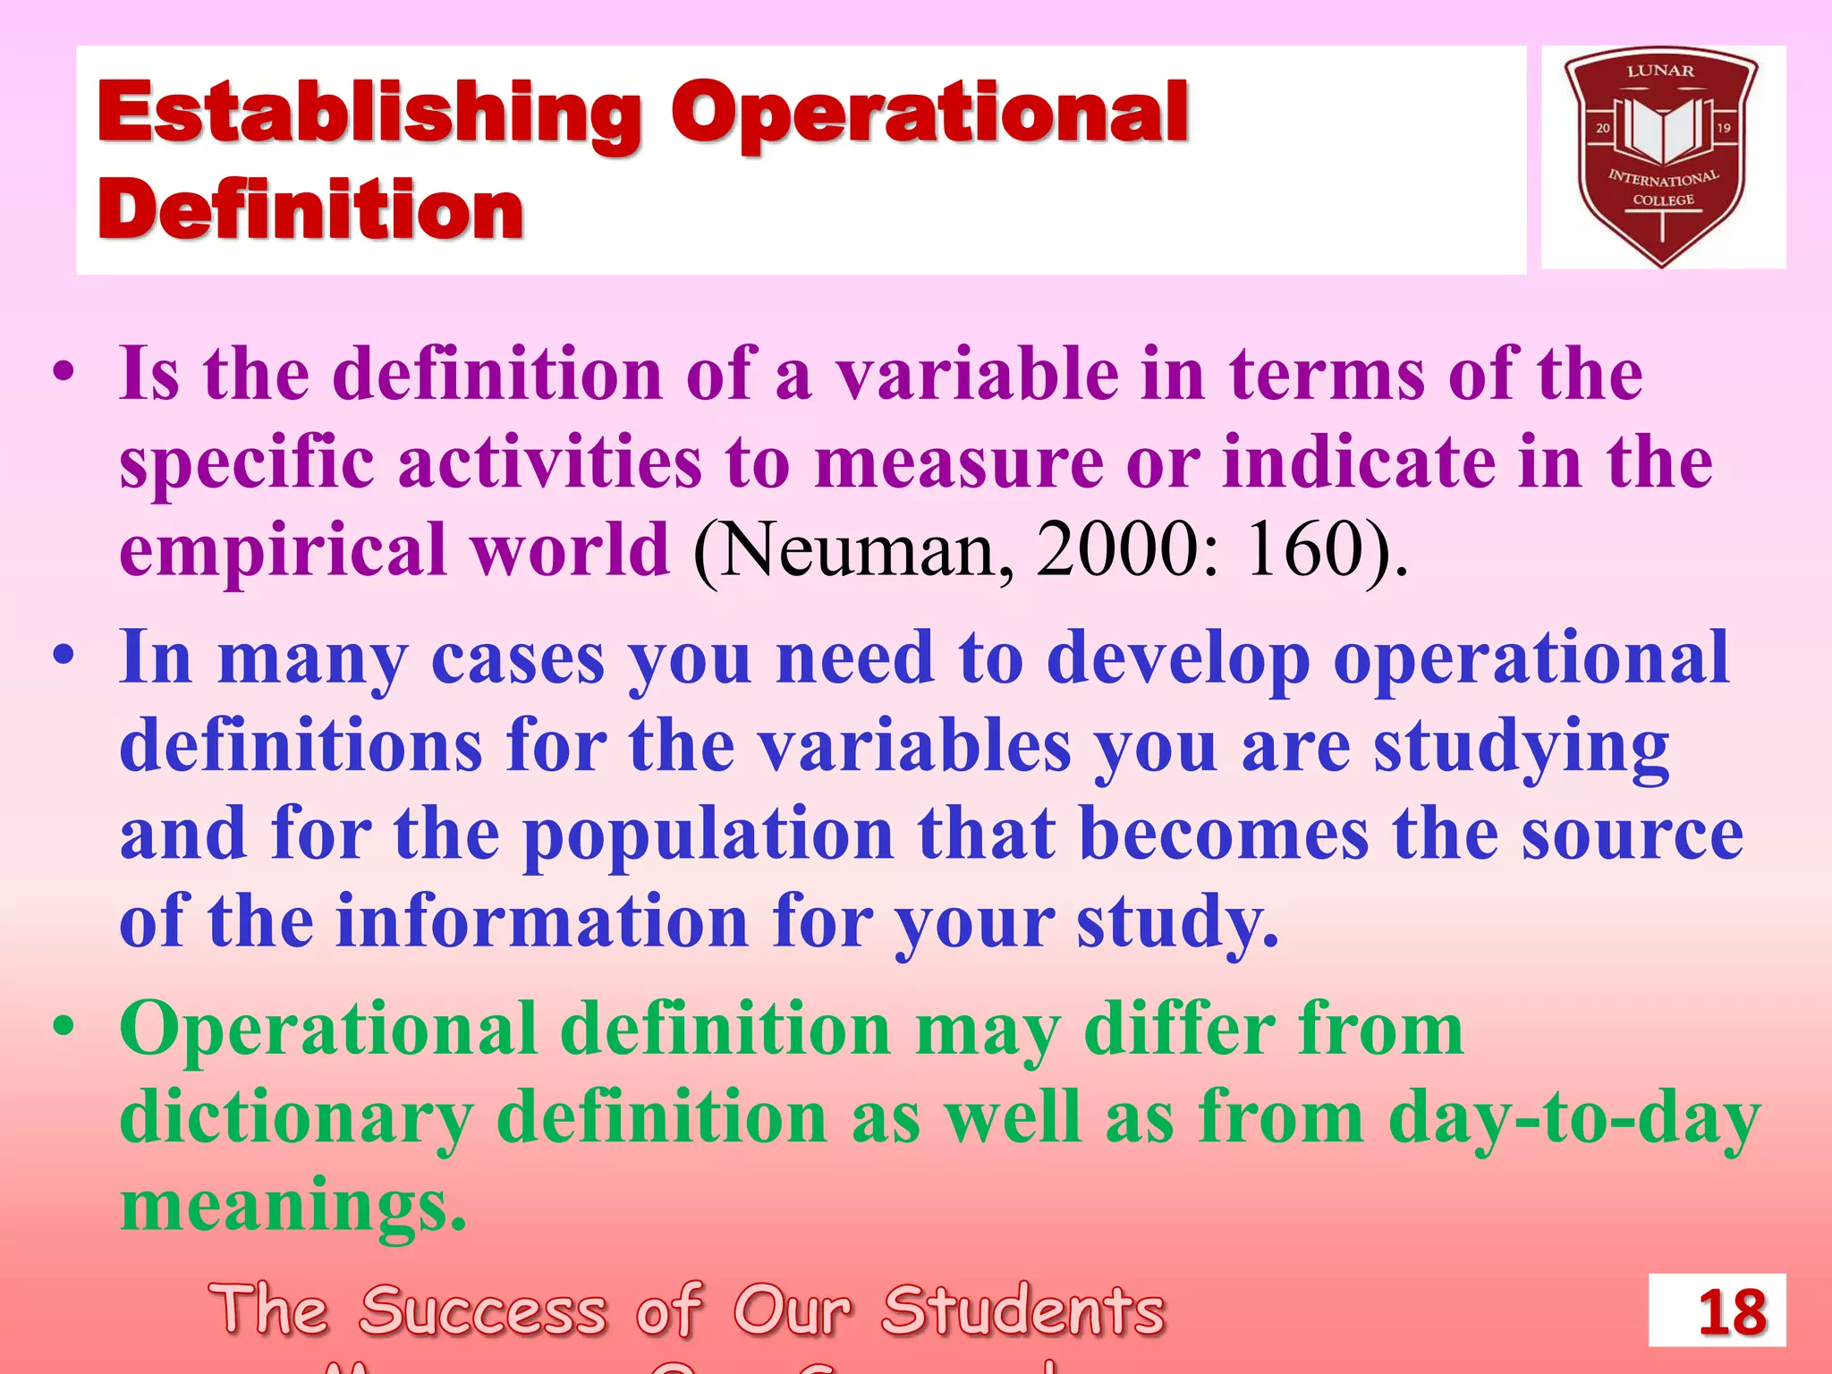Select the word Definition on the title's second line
pos(310,211)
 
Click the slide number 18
pos(1732,1312)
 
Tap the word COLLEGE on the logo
pos(1663,200)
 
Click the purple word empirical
pos(283,550)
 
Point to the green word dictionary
pos(295,1118)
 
